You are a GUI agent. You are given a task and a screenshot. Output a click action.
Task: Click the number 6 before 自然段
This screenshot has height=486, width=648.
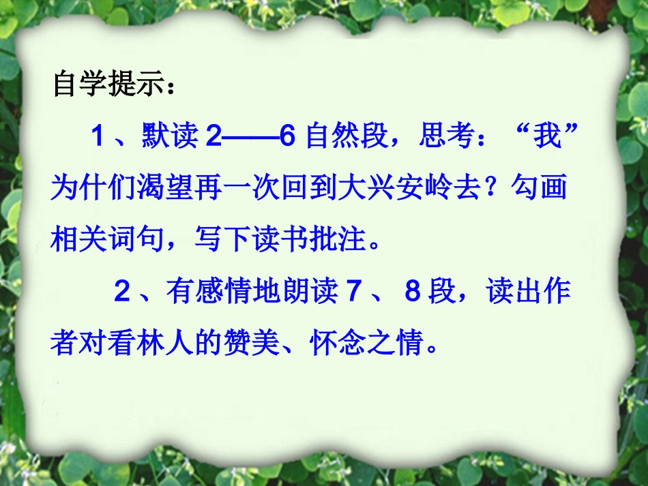tap(287, 138)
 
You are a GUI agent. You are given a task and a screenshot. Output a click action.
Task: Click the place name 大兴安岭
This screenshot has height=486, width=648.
tap(409, 188)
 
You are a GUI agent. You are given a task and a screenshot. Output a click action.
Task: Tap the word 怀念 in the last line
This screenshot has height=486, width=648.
tap(337, 344)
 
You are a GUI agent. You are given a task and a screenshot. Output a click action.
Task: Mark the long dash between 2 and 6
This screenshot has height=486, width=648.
tap(249, 138)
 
